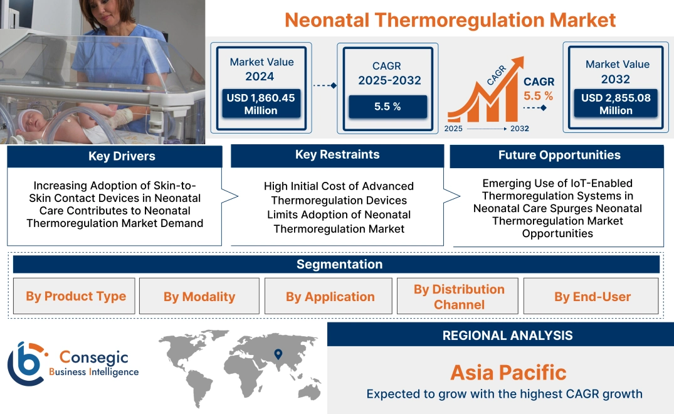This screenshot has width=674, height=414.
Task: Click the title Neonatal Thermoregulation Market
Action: (450, 19)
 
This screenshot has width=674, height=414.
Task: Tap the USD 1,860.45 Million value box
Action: (260, 103)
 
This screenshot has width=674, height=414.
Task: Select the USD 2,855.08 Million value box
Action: (616, 103)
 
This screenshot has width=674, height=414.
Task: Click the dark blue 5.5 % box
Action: (387, 107)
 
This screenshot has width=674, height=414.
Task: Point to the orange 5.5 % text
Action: (538, 96)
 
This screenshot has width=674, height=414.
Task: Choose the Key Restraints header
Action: (337, 155)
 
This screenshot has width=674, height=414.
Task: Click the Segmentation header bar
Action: (339, 264)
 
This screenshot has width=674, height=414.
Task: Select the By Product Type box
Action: (76, 296)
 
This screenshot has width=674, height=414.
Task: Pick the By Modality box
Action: (199, 297)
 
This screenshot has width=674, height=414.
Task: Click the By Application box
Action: (330, 297)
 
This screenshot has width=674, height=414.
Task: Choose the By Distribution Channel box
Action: (459, 297)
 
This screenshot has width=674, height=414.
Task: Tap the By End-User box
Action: (592, 297)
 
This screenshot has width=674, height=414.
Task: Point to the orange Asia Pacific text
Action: (508, 373)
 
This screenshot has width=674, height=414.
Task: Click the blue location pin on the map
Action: (278, 354)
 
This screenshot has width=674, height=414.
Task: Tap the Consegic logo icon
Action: (26, 363)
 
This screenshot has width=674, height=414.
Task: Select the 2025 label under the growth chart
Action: (454, 129)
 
